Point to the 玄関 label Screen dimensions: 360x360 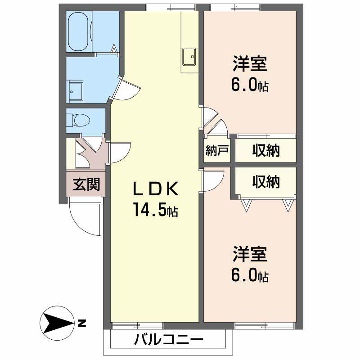point(86,184)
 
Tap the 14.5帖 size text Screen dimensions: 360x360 point(155,210)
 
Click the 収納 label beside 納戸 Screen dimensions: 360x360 point(265,150)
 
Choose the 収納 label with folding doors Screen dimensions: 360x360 point(265,182)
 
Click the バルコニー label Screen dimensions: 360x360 point(168,340)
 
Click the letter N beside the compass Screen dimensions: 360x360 point(81,323)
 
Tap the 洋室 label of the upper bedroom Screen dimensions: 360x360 point(250,64)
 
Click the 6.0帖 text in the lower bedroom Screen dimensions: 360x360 point(250,275)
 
